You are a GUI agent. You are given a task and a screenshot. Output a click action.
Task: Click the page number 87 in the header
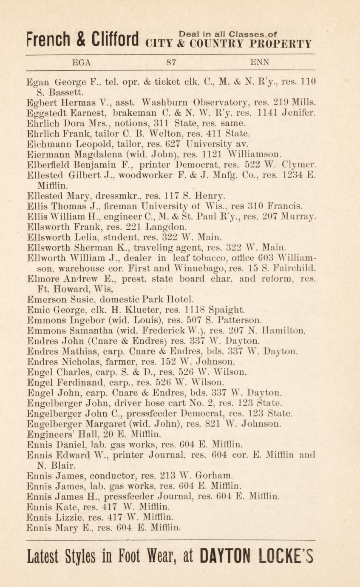coord(172,62)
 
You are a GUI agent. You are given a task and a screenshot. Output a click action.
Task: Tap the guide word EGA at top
coord(82,62)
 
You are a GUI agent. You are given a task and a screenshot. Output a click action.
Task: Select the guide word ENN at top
coord(260,62)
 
